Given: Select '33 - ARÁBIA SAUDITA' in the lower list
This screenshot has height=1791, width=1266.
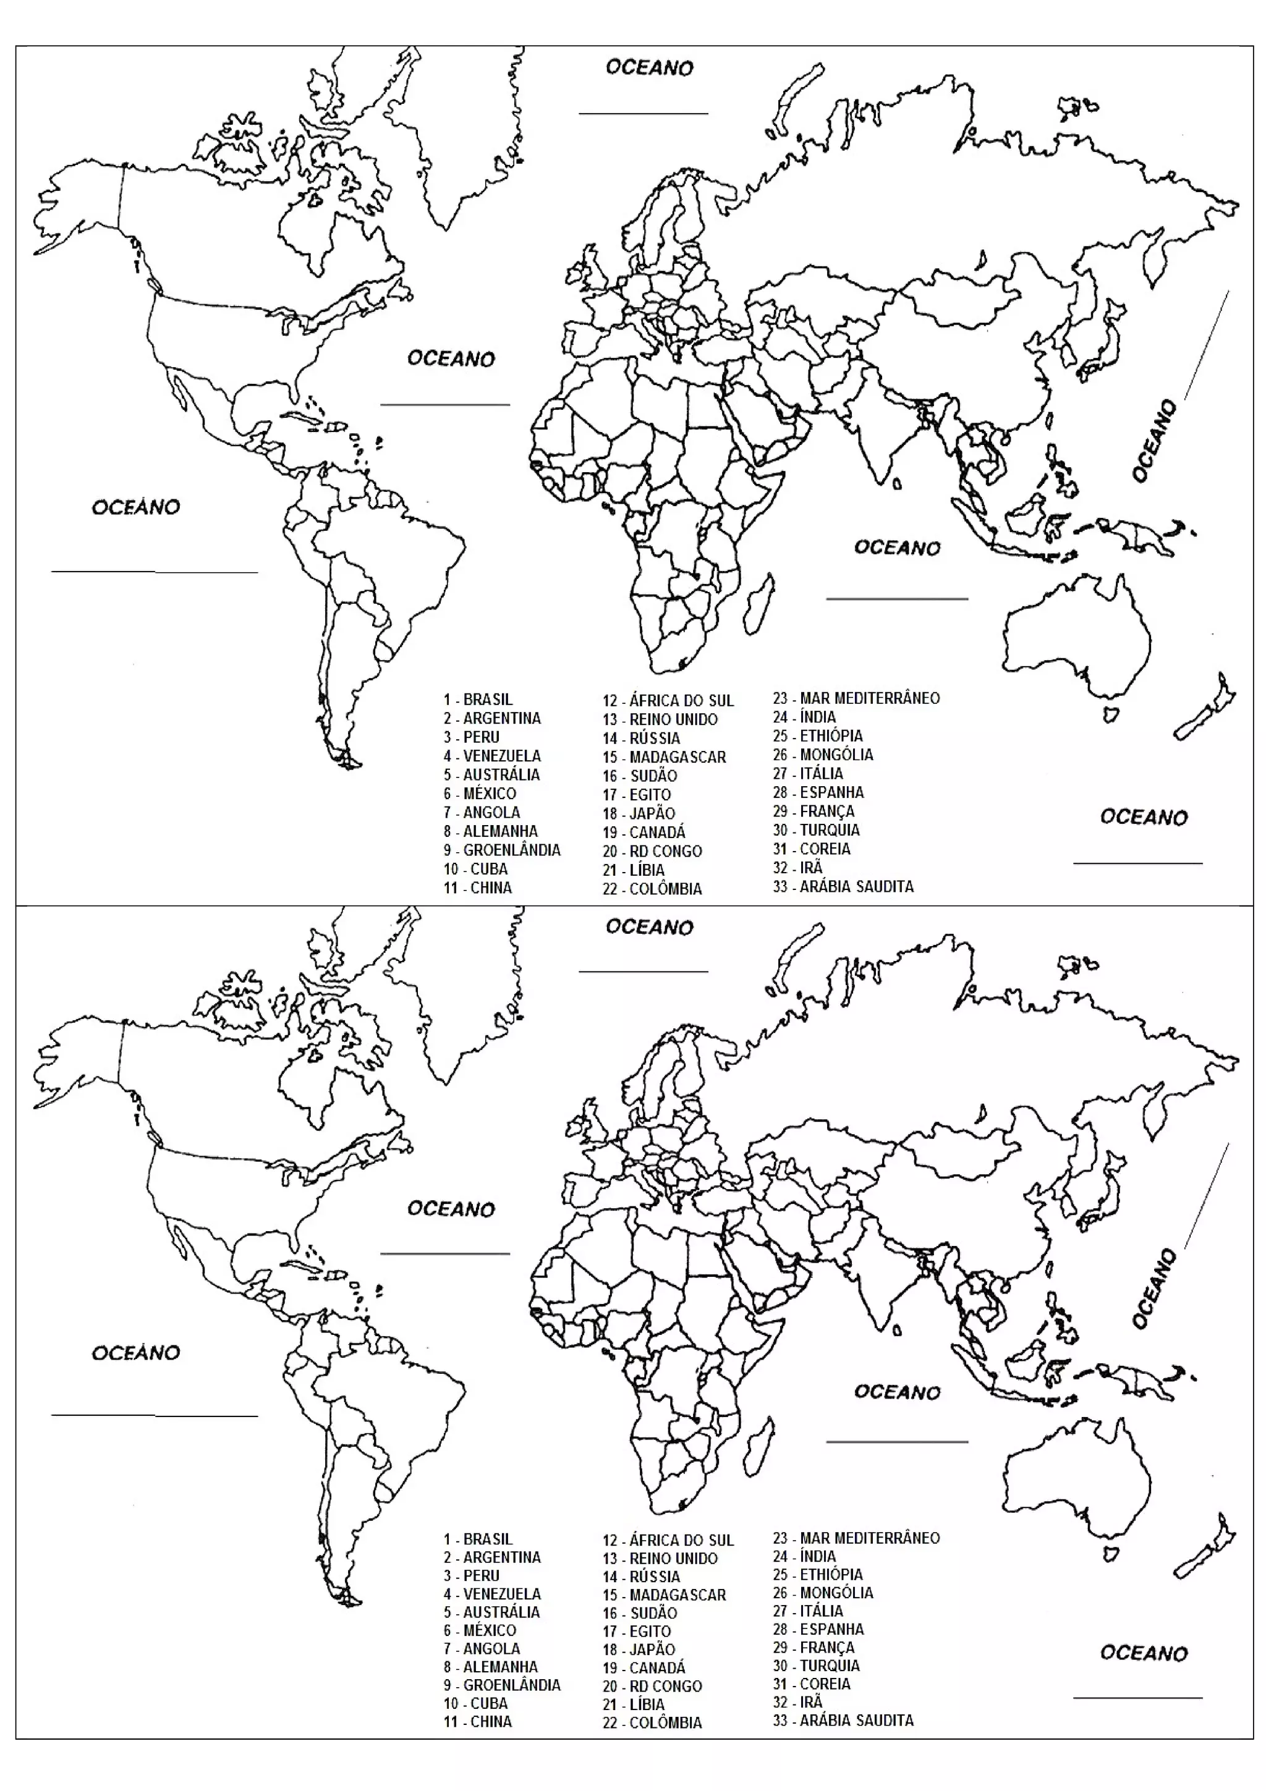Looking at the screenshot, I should click(843, 1720).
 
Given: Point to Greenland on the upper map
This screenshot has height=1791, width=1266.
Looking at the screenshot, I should click(460, 133).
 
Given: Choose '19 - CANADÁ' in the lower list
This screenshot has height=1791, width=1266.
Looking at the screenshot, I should click(644, 1668).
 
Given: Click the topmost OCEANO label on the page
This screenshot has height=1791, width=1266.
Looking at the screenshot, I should click(649, 68).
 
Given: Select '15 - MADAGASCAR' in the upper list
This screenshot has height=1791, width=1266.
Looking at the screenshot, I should click(664, 756).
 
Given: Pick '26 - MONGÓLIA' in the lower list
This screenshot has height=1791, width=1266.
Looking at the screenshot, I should click(823, 1593).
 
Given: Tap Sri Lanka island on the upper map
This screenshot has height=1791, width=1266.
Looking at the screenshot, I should click(897, 484).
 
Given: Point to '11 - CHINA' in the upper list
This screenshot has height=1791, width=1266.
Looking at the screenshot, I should click(477, 887).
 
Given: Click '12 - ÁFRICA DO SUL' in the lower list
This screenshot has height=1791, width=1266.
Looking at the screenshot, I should click(668, 1541).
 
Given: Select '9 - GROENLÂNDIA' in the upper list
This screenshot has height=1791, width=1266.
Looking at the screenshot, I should click(501, 850).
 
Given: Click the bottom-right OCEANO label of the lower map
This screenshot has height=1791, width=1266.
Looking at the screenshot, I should click(1144, 1654).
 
